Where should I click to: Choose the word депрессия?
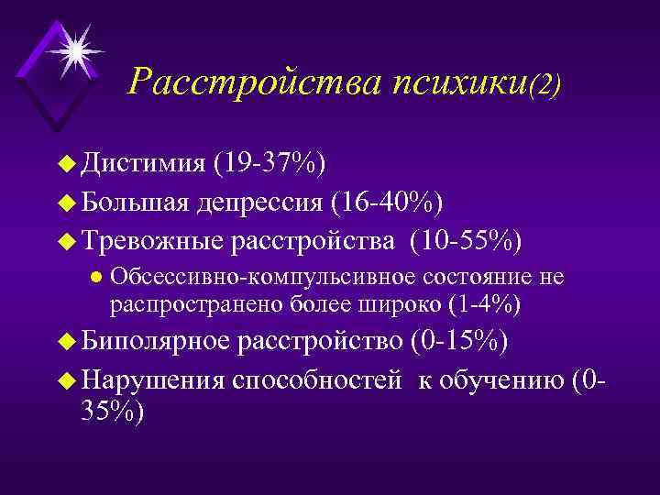pos(268,202)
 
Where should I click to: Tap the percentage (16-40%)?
pos(390,202)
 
